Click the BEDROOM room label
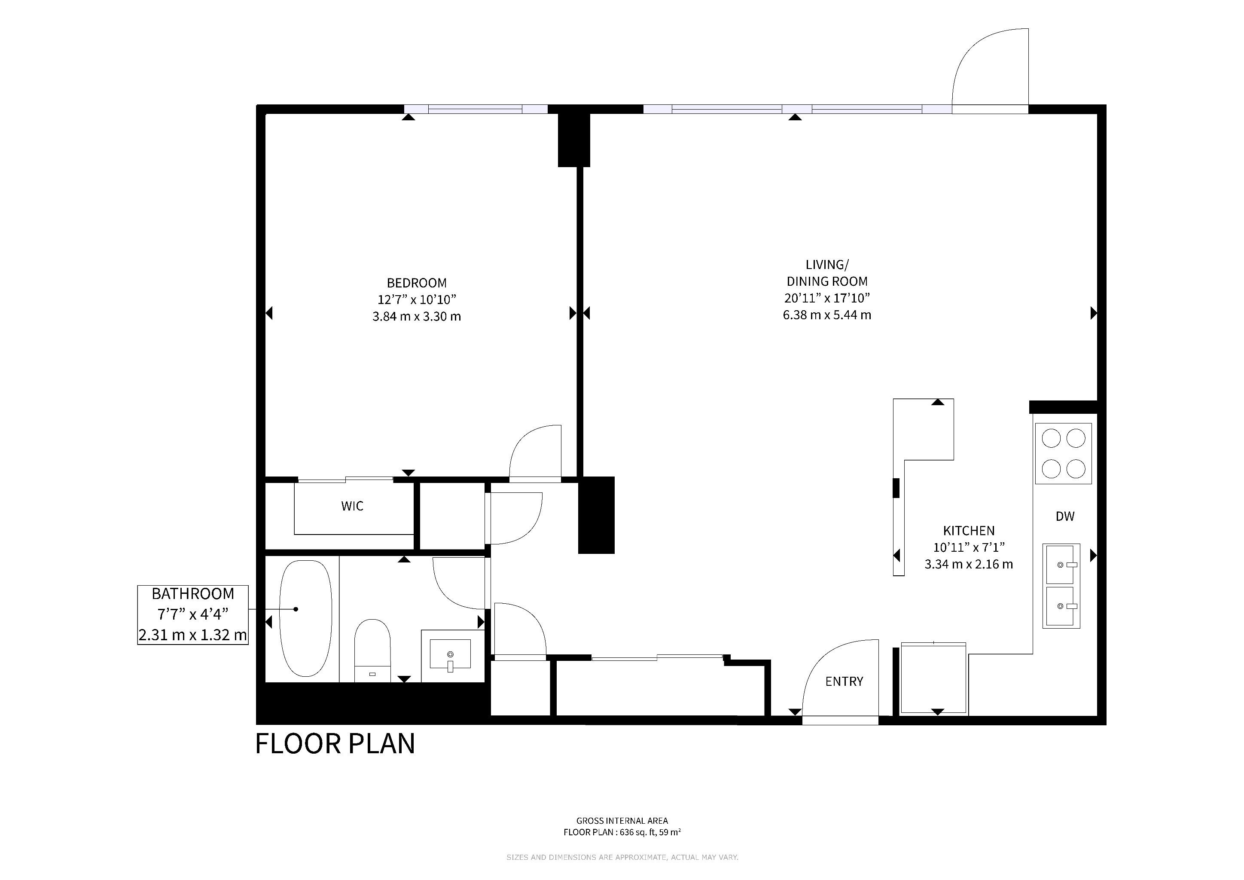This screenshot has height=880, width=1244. click(417, 283)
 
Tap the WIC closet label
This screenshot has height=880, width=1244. click(352, 506)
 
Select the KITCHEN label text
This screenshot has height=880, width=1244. click(969, 531)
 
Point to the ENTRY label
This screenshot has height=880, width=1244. click(844, 681)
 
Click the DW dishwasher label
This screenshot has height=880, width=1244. click(1065, 516)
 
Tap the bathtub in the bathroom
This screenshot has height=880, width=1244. click(305, 618)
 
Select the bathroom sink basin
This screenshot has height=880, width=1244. click(450, 654)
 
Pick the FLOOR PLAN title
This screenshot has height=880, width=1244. click(335, 744)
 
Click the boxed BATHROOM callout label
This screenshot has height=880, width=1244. click(193, 614)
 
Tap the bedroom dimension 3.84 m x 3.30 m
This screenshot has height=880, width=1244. click(417, 316)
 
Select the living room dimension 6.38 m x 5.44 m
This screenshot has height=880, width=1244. click(827, 315)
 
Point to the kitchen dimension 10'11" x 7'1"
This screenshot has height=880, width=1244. click(969, 547)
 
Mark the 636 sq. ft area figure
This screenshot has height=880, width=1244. click(634, 832)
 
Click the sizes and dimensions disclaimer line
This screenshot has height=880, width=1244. click(622, 857)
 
